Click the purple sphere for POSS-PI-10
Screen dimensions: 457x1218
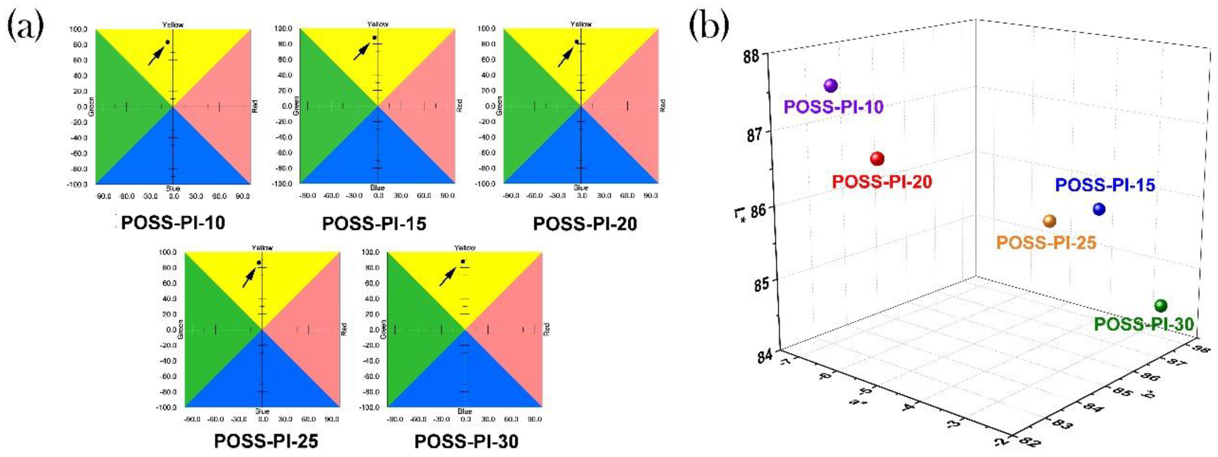[x=831, y=86]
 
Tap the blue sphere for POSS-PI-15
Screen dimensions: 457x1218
[x=1099, y=209]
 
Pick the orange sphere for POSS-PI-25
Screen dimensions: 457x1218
[x=1050, y=221]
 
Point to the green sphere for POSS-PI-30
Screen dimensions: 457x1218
[x=1161, y=306]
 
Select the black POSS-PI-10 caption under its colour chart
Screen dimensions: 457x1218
[x=173, y=223]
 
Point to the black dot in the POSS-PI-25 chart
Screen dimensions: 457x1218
[x=259, y=263]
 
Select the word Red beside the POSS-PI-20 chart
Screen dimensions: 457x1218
[x=663, y=105]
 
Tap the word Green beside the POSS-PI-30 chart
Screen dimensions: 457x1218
[x=383, y=329]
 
